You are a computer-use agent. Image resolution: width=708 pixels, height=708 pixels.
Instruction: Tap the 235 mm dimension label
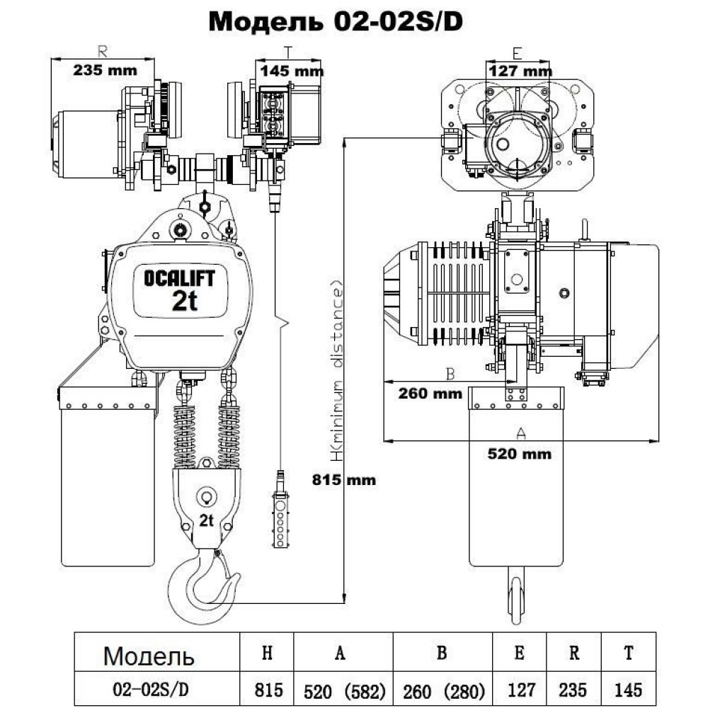pyautogui.click(x=103, y=70)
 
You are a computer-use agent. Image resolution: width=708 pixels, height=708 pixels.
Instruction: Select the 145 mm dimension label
pyautogui.click(x=292, y=70)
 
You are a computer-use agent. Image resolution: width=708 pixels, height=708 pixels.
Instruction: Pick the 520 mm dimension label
pyautogui.click(x=520, y=454)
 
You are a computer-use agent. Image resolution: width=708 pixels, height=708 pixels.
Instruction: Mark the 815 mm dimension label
pyautogui.click(x=344, y=480)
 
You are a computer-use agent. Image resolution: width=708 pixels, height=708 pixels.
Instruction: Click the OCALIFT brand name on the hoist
pyautogui.click(x=179, y=278)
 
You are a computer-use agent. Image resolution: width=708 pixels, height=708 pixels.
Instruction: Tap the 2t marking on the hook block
pyautogui.click(x=207, y=522)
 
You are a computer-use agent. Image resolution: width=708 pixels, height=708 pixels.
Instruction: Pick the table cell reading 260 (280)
pyautogui.click(x=442, y=689)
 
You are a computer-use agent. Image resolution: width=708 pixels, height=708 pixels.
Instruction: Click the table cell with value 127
pyautogui.click(x=520, y=689)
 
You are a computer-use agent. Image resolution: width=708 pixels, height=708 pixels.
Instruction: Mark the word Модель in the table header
pyautogui.click(x=148, y=656)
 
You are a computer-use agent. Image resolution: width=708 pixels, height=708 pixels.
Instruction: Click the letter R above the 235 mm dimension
pyautogui.click(x=103, y=52)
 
